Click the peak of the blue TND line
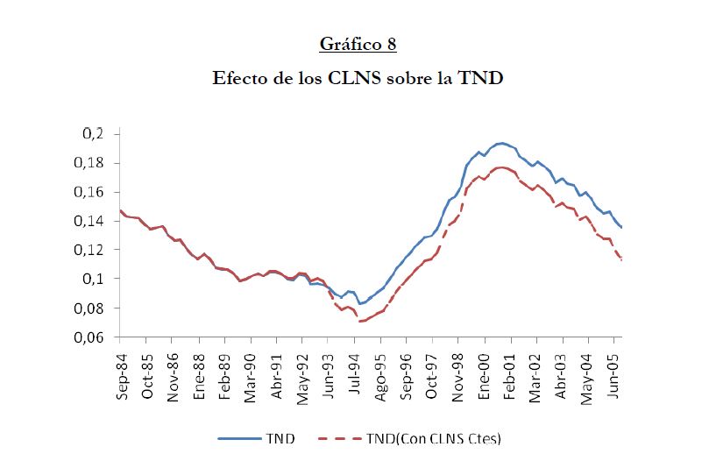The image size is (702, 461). (x=501, y=143)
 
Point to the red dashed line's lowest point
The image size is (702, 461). (x=359, y=322)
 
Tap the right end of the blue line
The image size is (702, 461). (x=622, y=228)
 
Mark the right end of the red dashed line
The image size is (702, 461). (x=622, y=260)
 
